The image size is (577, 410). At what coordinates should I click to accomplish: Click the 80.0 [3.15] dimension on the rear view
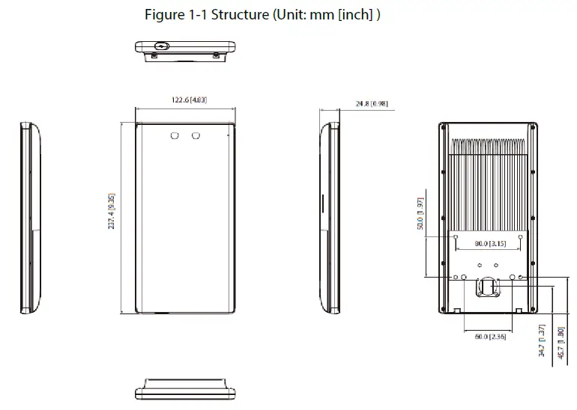coord(492,243)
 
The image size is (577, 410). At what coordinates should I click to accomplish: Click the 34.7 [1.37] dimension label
coord(541,340)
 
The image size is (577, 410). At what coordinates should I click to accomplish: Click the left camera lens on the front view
coord(175,135)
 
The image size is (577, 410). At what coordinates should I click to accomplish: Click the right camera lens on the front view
coord(196,135)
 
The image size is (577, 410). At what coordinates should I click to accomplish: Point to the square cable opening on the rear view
coord(488,286)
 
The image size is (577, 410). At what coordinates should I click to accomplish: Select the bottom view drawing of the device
coord(185,394)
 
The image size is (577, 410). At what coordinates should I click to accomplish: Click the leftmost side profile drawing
coord(29,217)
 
